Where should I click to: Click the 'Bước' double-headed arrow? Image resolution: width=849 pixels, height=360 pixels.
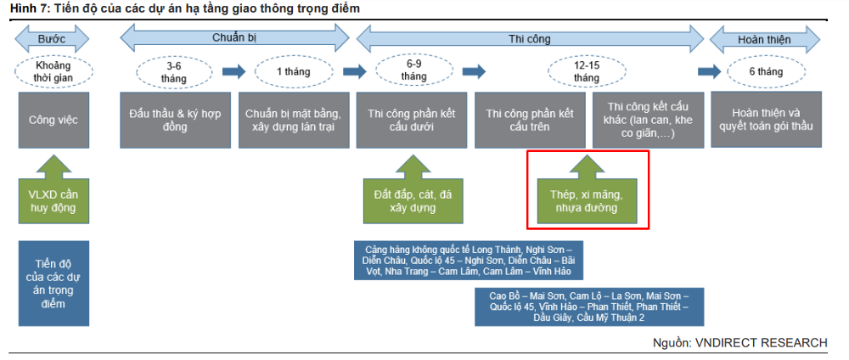pos(52,39)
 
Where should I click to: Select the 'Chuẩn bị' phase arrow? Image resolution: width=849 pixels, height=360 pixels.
pos(234,38)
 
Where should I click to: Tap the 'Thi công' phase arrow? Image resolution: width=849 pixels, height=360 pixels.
pos(530,39)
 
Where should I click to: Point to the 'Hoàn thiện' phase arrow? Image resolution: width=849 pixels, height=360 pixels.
pos(764,40)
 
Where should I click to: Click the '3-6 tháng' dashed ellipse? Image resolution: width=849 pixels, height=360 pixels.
pos(174,71)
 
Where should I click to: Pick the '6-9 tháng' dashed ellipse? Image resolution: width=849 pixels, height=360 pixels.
pos(410,71)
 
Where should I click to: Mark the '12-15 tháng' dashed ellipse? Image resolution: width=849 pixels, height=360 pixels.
pos(588,71)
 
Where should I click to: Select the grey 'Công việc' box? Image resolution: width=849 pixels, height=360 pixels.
pos(53,120)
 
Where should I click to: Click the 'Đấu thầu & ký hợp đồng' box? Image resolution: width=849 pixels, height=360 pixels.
pos(176,120)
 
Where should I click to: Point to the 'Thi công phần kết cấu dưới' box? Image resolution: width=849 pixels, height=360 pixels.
pos(411,120)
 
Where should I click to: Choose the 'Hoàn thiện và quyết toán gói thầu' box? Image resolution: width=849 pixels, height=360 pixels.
pos(766,119)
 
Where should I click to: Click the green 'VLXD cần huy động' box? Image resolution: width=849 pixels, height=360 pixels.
pos(53,189)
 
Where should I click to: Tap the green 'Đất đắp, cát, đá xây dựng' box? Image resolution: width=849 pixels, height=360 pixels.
pos(413,189)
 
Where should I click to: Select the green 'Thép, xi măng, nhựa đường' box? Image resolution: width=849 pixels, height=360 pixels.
pos(588,189)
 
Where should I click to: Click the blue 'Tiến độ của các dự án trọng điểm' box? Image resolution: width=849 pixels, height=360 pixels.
pos(53,283)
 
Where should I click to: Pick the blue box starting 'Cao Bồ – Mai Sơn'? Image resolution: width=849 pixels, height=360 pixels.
pos(589,307)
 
